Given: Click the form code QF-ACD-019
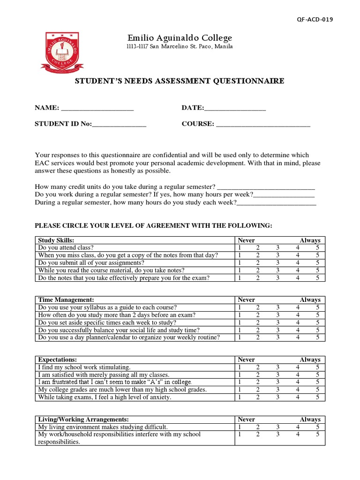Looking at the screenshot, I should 315,19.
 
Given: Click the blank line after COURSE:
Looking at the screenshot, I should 263,125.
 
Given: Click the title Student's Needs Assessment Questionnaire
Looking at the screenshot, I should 180,81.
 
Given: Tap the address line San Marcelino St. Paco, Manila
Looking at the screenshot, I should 180,47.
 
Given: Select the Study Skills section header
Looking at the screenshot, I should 56,240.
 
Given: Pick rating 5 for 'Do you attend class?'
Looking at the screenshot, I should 317,247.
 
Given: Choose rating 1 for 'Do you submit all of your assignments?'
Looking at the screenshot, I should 240,262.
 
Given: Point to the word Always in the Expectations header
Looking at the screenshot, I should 310,360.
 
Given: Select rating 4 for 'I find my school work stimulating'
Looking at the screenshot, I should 298,367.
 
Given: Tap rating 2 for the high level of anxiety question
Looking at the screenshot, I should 257,397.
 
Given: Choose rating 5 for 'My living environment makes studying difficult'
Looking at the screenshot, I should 317,427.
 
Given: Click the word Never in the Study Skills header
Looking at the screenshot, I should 247,240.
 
